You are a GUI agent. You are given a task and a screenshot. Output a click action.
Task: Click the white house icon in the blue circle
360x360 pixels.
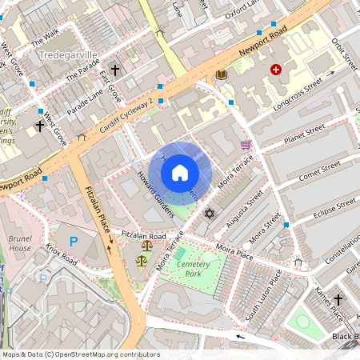pyautogui.click(x=180, y=172)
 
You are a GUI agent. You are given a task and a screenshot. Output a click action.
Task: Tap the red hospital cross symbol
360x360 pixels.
pyautogui.click(x=277, y=70)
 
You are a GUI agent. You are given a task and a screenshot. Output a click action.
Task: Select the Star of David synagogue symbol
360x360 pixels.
pyautogui.click(x=210, y=214)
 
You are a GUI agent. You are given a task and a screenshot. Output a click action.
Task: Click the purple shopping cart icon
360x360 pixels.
pyautogui.click(x=246, y=145)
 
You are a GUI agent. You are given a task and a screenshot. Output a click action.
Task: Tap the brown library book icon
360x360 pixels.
pyautogui.click(x=221, y=75)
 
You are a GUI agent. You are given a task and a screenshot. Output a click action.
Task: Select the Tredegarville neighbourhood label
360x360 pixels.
pyautogui.click(x=69, y=55)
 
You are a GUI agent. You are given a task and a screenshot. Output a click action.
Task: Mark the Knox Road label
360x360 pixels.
pyautogui.click(x=61, y=256)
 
